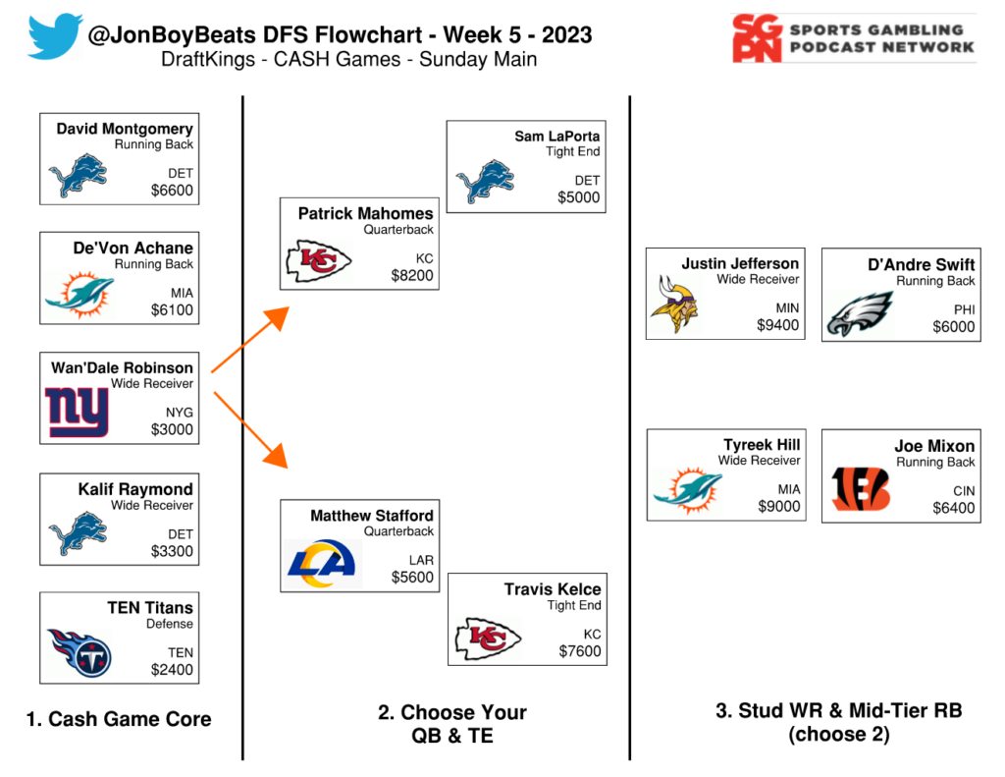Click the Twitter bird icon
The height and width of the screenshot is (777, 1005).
coord(54,36)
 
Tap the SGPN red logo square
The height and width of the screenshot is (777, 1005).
coord(759,38)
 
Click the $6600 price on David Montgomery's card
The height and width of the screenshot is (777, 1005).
coord(172,191)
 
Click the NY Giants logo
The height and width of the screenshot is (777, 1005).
coord(78,412)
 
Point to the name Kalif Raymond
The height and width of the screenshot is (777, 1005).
coord(135,489)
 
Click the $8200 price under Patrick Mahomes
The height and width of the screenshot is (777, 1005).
coord(412,276)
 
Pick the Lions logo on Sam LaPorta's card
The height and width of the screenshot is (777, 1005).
coord(485,181)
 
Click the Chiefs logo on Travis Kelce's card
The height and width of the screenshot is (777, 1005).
coord(486,638)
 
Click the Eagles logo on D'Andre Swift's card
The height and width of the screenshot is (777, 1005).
coord(860,312)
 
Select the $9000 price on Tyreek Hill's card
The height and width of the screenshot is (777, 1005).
coord(778,507)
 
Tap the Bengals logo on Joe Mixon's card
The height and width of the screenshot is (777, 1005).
coord(860,488)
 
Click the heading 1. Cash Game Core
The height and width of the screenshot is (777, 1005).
coord(119,719)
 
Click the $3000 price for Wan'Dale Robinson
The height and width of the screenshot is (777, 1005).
coord(172,429)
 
